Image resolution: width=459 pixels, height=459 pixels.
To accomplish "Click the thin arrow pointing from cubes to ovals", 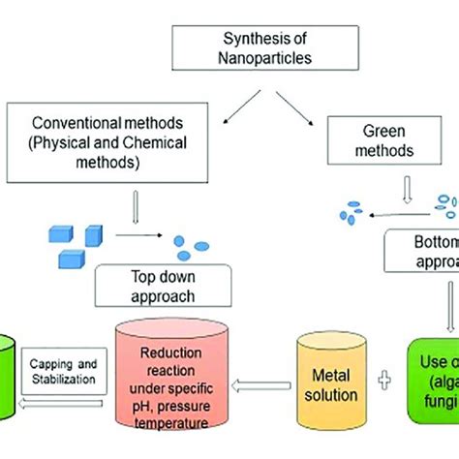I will (138, 233).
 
